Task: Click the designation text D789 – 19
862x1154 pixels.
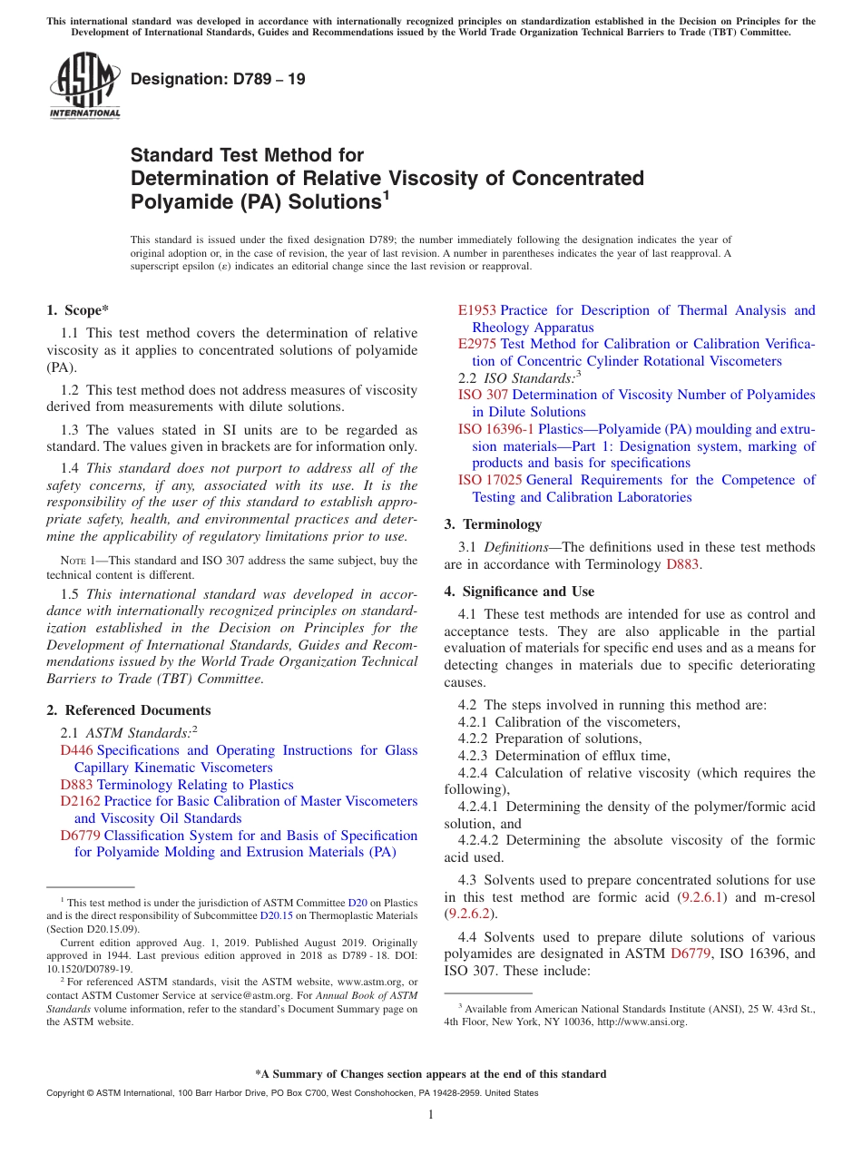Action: (x=218, y=80)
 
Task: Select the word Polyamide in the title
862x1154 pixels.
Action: (x=178, y=201)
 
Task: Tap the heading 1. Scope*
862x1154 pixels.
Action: (x=78, y=310)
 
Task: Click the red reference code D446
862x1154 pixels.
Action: (x=76, y=751)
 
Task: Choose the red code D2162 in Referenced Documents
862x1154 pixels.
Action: (x=80, y=802)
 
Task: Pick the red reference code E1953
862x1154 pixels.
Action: (x=477, y=311)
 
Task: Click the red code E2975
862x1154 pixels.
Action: (x=477, y=345)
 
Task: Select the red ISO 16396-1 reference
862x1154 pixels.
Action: (x=496, y=429)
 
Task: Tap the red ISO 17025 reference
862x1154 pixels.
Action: (x=490, y=480)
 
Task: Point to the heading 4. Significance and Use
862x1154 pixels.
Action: (x=519, y=592)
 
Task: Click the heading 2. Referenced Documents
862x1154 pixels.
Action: (x=129, y=710)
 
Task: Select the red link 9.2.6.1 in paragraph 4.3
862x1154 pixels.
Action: (x=702, y=898)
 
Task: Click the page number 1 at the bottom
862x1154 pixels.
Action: (x=431, y=1115)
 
